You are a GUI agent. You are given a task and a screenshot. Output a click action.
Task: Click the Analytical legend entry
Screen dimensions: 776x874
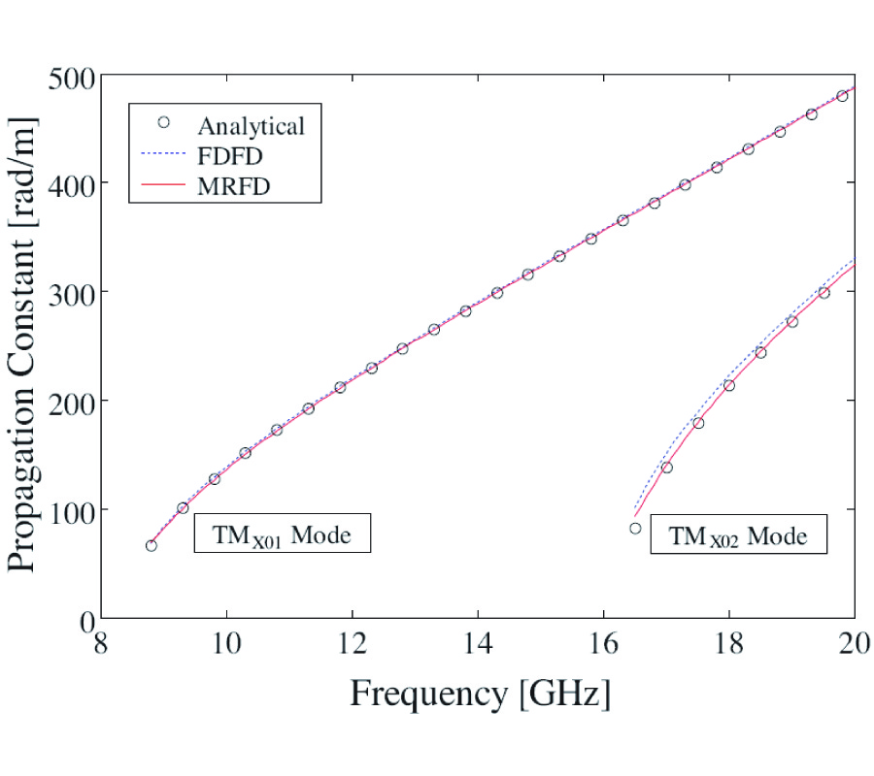tap(252, 125)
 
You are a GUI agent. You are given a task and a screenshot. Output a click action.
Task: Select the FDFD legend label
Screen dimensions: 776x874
tap(231, 156)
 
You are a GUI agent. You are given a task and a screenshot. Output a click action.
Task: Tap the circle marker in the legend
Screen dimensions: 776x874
tap(163, 122)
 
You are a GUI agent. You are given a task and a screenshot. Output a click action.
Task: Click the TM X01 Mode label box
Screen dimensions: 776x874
tap(283, 533)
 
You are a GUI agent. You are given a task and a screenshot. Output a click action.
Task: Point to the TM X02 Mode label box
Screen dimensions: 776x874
tap(738, 534)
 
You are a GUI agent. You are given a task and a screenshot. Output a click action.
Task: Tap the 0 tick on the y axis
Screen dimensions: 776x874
tap(84, 618)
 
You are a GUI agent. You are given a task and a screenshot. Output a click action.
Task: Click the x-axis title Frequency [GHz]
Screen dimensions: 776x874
tap(480, 694)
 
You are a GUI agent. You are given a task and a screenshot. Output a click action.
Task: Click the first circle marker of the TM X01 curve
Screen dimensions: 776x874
tap(151, 545)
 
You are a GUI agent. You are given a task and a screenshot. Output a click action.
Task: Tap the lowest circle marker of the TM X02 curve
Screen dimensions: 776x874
tap(635, 529)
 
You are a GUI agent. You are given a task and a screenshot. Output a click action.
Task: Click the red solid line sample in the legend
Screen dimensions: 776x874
tap(163, 186)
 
